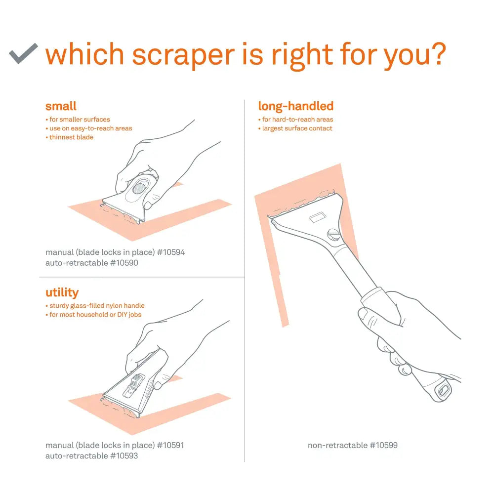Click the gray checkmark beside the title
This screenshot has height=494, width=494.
click(x=23, y=53)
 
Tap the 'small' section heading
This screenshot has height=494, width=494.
click(x=61, y=106)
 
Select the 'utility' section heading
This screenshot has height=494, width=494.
click(x=62, y=292)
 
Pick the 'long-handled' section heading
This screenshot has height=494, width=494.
click(x=295, y=106)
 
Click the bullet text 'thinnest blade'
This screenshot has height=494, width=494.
click(x=71, y=137)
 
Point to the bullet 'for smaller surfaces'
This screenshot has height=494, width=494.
click(x=80, y=120)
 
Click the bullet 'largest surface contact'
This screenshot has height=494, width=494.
click(x=297, y=128)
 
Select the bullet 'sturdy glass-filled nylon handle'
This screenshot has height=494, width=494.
click(x=97, y=306)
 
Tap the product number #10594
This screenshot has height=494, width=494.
click(x=171, y=252)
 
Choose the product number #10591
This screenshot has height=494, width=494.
click(x=170, y=445)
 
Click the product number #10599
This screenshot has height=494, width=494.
click(x=384, y=445)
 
